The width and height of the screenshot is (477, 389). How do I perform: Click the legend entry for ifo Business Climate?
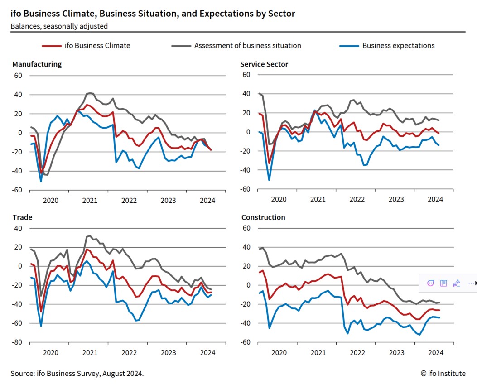coord(98,45)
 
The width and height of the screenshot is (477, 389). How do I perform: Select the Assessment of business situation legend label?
coord(247,45)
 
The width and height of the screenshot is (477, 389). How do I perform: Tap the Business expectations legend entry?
coord(398,45)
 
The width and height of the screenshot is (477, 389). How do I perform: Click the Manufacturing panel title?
coord(37,64)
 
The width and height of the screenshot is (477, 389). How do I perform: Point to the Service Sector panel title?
coord(264,64)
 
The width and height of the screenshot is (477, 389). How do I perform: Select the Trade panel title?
coord(22,217)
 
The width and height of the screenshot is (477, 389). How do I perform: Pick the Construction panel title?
coord(263,217)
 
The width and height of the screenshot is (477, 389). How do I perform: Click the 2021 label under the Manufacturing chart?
coord(90,200)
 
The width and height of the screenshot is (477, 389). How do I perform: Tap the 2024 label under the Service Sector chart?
coord(435,199)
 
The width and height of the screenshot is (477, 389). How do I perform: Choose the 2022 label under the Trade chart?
coord(129,353)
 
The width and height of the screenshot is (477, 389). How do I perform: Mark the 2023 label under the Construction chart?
coord(396,353)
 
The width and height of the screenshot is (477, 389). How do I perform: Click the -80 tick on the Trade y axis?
coord(18,342)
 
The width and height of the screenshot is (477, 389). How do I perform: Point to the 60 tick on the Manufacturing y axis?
coord(18,76)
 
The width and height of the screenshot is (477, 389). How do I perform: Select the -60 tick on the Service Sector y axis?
coord(245,189)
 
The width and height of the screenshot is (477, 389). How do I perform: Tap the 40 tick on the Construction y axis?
coord(246,247)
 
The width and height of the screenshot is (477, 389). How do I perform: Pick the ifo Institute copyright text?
coord(443,374)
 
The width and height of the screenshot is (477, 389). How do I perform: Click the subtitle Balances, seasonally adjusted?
coord(59,26)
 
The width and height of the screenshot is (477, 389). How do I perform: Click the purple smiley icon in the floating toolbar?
coord(431,283)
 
